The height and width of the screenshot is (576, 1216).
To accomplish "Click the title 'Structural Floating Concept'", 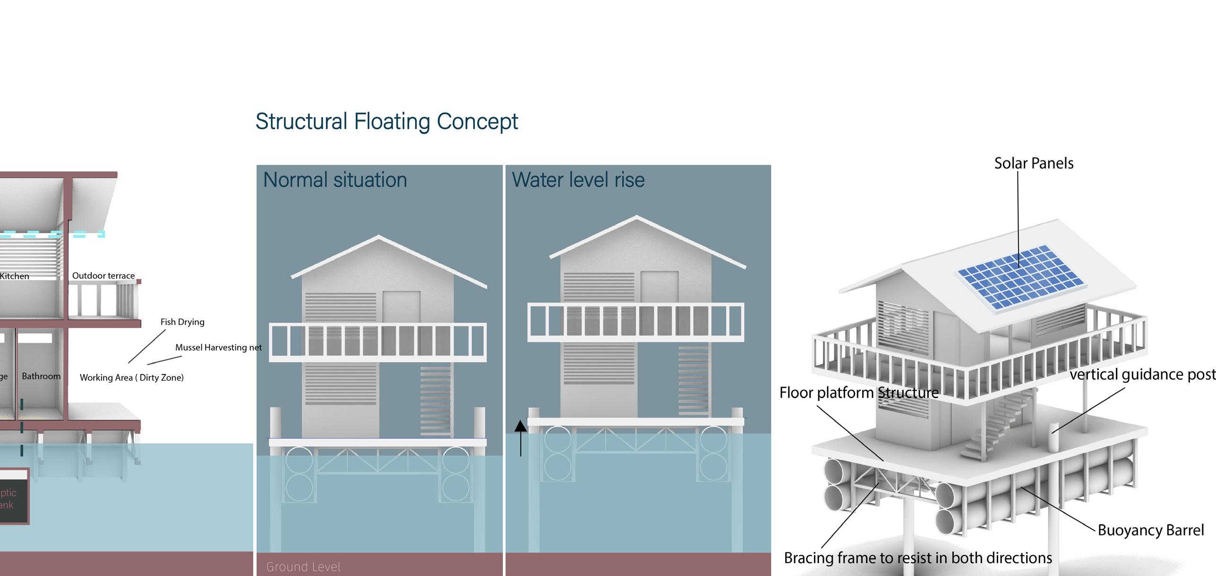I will coord(386,121).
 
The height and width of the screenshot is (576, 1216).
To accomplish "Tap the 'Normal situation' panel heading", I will coord(335,180).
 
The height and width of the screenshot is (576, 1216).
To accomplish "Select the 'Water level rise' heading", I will coord(578,180).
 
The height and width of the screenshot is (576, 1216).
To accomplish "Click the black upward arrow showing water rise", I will coord(520,437).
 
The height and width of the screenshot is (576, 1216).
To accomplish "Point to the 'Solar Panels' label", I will coord(1034,163).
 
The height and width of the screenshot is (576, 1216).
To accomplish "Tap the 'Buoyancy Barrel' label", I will coord(1150,530).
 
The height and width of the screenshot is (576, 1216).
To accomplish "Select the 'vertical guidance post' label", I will coord(1142,374).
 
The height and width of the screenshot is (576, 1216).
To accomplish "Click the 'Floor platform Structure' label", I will coord(858,392).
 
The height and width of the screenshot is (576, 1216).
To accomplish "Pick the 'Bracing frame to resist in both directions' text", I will coord(917,558).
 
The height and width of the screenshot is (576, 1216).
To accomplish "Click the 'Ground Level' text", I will coord(303,567).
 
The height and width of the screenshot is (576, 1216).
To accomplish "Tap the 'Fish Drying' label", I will coord(182,322).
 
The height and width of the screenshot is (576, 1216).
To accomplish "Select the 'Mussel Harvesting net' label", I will coord(218,347).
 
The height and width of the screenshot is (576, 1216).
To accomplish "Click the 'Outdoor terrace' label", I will coord(103,276).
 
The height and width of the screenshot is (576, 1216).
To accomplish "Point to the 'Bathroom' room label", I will coord(41,376).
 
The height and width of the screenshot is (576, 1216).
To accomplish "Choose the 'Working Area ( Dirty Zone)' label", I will coord(131,378).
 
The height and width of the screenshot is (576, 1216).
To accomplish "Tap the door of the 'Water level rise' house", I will coord(659,288).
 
